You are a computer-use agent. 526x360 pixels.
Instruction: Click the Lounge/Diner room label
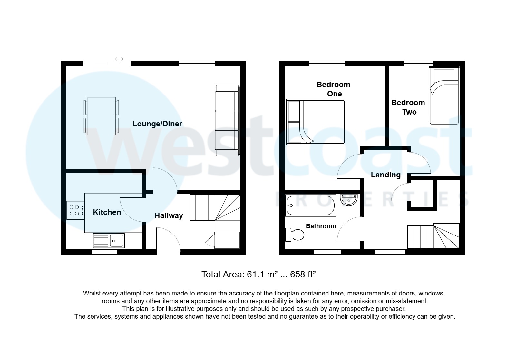point(157,124)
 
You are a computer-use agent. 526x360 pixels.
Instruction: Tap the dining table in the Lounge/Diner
point(101,116)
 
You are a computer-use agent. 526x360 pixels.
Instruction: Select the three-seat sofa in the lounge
point(227,121)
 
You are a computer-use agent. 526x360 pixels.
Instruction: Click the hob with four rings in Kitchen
point(75,210)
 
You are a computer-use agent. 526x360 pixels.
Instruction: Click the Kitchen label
point(107,212)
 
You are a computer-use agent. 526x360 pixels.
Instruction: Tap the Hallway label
point(169,215)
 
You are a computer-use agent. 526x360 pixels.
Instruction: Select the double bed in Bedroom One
point(316,122)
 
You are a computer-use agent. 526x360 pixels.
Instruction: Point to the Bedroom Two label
point(408,107)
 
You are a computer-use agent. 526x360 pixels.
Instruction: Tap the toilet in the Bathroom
point(295,235)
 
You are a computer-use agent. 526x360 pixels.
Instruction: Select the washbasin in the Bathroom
point(349,200)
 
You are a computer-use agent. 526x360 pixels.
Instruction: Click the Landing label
point(385,175)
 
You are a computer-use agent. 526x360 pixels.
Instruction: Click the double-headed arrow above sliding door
point(119,59)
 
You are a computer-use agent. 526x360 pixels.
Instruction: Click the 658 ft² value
point(303,275)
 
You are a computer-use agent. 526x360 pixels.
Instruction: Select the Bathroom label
point(321,226)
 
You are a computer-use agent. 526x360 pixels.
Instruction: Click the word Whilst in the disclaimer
point(92,294)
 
